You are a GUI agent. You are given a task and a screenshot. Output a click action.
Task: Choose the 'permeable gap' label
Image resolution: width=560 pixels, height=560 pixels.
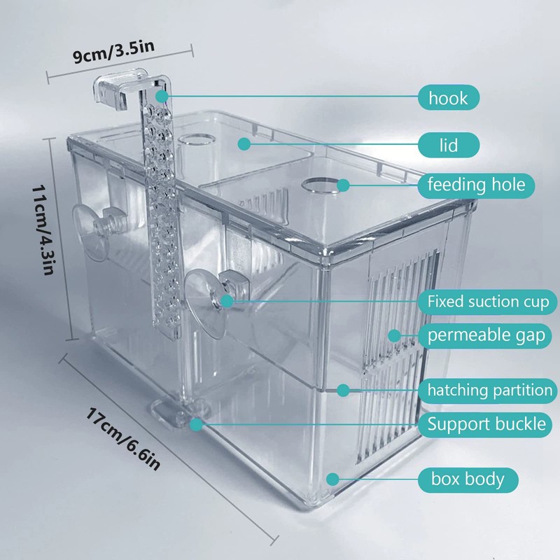486,336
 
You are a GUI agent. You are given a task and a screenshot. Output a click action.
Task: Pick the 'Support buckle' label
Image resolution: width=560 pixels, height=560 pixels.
486,423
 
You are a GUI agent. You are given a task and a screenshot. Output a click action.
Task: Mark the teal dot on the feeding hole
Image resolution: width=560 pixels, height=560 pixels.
343,185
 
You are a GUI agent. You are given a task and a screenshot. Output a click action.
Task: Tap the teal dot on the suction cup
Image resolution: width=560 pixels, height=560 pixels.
225,301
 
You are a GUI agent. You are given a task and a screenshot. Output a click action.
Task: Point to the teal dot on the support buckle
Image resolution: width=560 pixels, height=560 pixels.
197,423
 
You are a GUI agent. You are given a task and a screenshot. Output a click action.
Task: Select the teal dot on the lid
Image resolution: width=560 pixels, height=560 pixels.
243,143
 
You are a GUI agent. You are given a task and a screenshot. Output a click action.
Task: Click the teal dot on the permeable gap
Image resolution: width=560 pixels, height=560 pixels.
394,335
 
